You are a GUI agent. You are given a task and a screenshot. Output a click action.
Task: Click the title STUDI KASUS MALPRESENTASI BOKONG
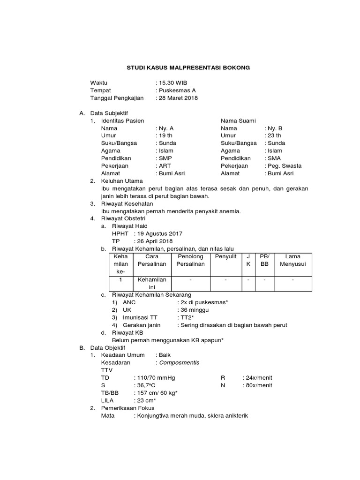pyautogui.click(x=188, y=68)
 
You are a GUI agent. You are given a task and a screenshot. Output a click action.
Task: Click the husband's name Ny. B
pyautogui.click(x=275, y=128)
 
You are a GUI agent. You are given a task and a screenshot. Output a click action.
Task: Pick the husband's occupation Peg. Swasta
pyautogui.click(x=285, y=165)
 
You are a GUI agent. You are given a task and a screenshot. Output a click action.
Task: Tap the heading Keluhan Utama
pyautogui.click(x=122, y=180)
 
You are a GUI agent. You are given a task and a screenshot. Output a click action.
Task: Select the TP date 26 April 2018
pyautogui.click(x=155, y=240)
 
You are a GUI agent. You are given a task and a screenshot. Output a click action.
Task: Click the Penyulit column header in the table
pyautogui.click(x=225, y=256)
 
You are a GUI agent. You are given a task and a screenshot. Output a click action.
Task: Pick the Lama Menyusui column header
pyautogui.click(x=293, y=260)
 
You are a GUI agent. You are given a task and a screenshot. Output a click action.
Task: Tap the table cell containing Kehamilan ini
pyautogui.click(x=152, y=283)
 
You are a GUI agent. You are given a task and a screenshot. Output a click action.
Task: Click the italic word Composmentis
pyautogui.click(x=179, y=362)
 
